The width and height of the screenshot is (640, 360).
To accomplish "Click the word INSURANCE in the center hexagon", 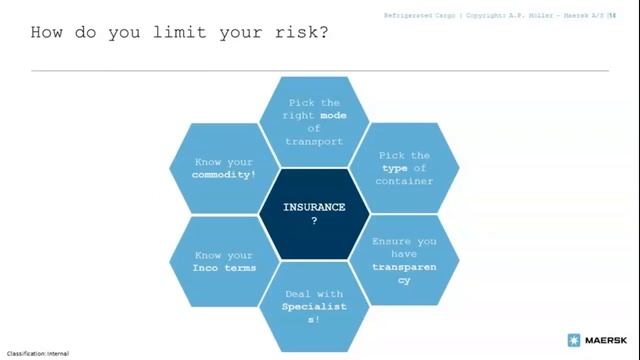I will point(314,207).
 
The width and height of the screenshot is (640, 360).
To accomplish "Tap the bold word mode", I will point(333,115).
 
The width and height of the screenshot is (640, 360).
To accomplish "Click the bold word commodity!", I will point(223,174).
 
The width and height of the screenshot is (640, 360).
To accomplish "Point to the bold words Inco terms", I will point(224,267).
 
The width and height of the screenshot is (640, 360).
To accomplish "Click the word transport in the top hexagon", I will point(314,141).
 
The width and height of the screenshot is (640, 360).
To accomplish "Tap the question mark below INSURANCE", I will point(314,220).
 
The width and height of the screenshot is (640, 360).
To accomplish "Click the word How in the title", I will point(49,33).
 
